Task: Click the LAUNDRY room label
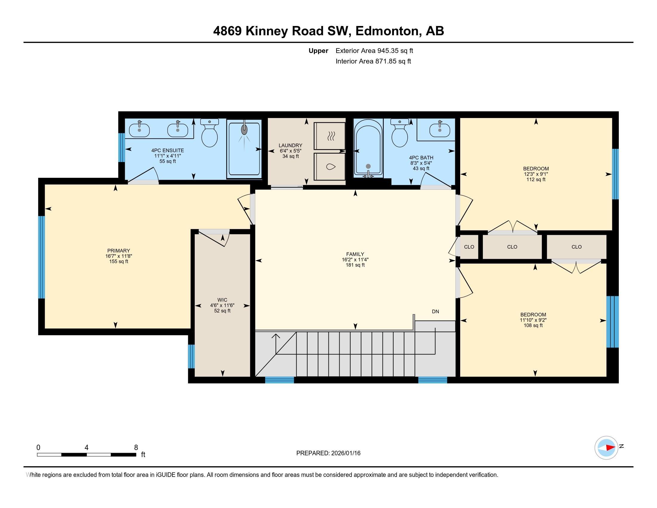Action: tap(290, 145)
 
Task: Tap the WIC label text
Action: tap(222, 300)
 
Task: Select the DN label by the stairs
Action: tap(435, 311)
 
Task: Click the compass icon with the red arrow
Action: tap(606, 448)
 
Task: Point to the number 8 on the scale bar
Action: tap(136, 447)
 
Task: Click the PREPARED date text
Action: tap(328, 453)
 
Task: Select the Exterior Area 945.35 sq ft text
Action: tap(374, 51)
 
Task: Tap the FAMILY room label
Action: tap(355, 254)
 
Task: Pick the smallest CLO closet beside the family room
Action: tap(469, 247)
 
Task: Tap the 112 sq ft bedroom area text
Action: tap(536, 179)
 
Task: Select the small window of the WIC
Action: tap(191, 356)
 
